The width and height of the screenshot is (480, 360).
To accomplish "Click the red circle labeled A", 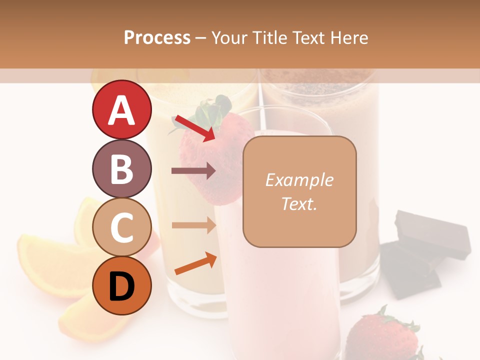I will (x=121, y=110).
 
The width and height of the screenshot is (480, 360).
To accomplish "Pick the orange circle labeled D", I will (x=121, y=285).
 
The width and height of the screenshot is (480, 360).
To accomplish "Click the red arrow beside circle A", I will (x=194, y=128).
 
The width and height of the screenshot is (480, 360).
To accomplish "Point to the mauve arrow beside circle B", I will (x=193, y=171).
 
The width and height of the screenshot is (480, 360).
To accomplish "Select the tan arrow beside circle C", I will (x=193, y=225).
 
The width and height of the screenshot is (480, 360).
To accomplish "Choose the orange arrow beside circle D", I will (x=195, y=263).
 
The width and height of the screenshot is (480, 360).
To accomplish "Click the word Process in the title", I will (x=157, y=38).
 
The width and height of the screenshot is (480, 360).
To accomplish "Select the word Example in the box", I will (x=299, y=180).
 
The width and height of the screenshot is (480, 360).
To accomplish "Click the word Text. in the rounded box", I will (x=299, y=203).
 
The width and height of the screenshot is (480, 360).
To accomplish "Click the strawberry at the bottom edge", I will (x=382, y=337).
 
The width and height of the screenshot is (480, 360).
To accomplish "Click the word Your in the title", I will (x=230, y=38).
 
